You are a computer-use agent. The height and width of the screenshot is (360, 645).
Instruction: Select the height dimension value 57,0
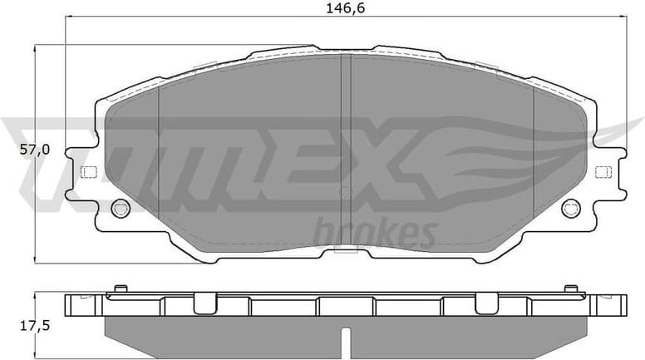click(16, 150)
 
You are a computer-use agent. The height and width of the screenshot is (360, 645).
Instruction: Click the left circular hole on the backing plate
click(120, 208)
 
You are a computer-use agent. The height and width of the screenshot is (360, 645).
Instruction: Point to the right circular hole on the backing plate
click(570, 208)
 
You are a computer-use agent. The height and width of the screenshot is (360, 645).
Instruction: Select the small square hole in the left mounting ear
click(86, 172)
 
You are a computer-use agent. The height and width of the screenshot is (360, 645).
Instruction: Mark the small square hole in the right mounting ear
click(603, 172)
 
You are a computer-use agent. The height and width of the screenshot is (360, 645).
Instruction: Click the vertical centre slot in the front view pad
click(346, 150)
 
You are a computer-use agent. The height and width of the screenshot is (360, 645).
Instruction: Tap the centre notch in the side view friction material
click(346, 339)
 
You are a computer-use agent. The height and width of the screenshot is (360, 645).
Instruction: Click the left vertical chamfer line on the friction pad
click(159, 158)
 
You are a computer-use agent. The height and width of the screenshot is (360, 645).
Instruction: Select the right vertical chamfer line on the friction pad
click(532, 158)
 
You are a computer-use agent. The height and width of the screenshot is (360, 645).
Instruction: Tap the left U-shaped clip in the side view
click(204, 303)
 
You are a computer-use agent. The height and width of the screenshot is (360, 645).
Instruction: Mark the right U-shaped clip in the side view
click(486, 303)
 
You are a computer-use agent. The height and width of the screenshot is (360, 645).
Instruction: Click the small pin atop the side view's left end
click(120, 288)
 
